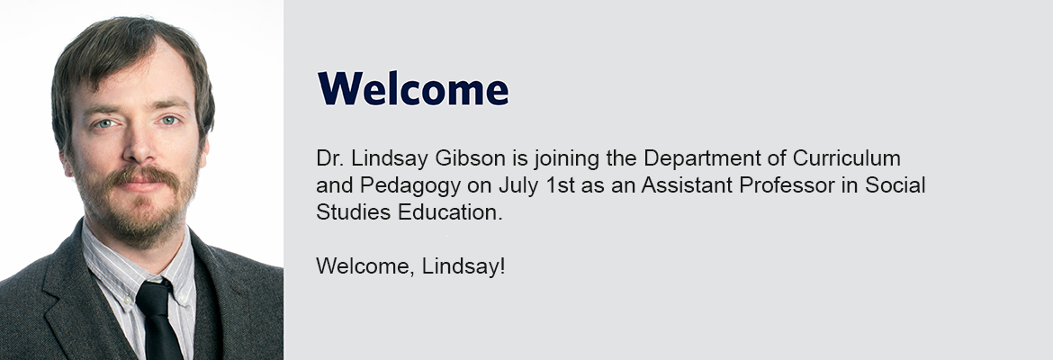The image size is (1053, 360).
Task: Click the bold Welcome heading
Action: [412, 89]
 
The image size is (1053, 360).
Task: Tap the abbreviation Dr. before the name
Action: [328, 158]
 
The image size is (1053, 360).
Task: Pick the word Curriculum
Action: [847, 158]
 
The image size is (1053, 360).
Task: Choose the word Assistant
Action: [687, 185]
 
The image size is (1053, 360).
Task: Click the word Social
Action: [895, 185]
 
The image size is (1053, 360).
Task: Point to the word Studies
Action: [353, 212]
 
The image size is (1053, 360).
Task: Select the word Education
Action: [450, 212]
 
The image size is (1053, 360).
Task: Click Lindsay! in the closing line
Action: [463, 267]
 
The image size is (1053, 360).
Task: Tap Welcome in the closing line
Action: [365, 266]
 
